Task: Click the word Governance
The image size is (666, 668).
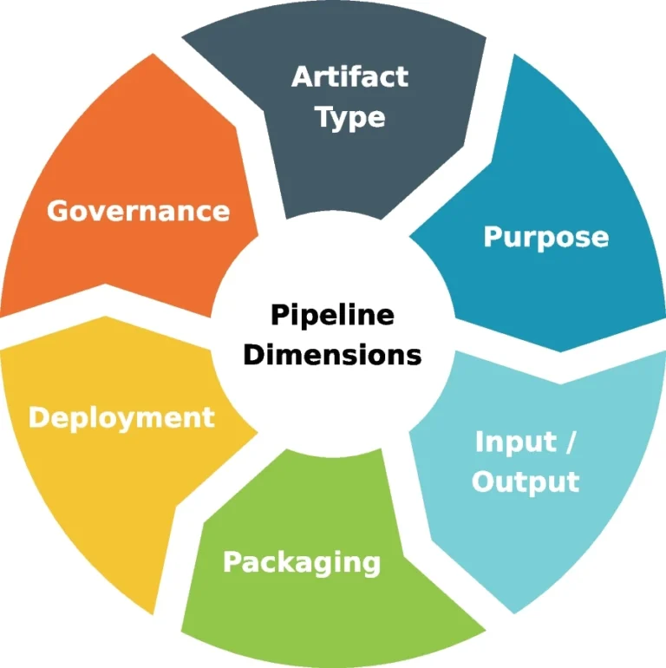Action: point(139,211)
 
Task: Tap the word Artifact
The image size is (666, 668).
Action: point(349,76)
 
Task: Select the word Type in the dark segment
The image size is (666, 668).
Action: point(350,117)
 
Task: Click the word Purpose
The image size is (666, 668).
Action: point(545,237)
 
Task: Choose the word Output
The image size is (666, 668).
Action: point(525,481)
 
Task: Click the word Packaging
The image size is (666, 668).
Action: point(302,562)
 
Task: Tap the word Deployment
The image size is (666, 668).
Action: point(121,417)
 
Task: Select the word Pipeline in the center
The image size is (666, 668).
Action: point(332,314)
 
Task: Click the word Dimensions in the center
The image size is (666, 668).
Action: point(332,354)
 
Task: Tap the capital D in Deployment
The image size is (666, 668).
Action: point(39,417)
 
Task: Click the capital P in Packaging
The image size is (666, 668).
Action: point(233,562)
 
